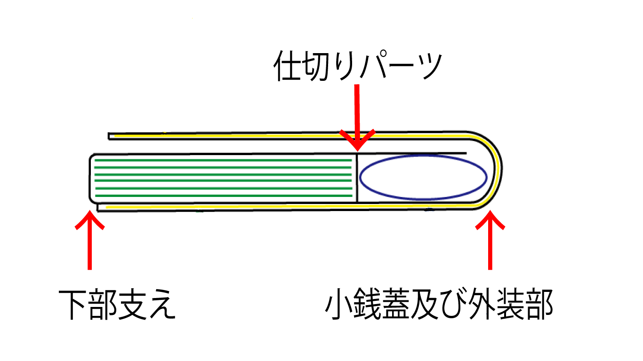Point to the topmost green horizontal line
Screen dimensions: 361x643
pos(224,160)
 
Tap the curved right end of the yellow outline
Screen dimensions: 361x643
pos(497,169)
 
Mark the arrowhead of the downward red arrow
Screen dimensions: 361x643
pos(357,141)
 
